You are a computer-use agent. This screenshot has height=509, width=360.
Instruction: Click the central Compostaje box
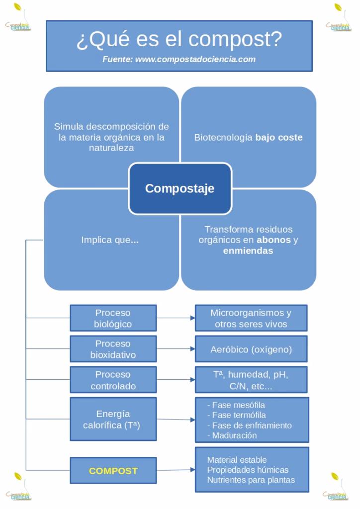[180, 189]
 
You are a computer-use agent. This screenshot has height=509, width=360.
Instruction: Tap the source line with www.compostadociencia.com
[179, 59]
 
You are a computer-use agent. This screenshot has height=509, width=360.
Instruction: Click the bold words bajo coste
[279, 138]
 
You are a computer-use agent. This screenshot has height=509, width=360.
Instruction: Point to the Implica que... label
[110, 240]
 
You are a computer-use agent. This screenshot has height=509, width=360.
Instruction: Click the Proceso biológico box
[113, 319]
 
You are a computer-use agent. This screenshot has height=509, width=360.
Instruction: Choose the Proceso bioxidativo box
[113, 349]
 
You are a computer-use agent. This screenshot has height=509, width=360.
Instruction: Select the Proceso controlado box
[113, 380]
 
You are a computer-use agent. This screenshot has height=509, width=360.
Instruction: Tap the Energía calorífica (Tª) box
[113, 419]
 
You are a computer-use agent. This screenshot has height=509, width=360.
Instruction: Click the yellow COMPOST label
[113, 471]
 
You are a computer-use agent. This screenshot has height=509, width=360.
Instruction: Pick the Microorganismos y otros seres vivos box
[251, 319]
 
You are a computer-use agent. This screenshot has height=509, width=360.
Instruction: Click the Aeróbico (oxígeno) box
[251, 349]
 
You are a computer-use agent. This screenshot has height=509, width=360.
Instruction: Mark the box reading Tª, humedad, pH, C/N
[251, 380]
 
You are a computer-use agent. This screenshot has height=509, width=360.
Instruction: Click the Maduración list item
[232, 435]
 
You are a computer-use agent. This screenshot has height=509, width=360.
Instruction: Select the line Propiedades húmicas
[248, 470]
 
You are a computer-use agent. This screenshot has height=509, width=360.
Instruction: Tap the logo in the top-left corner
[18, 18]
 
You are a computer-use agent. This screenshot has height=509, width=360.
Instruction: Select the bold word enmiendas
[248, 251]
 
